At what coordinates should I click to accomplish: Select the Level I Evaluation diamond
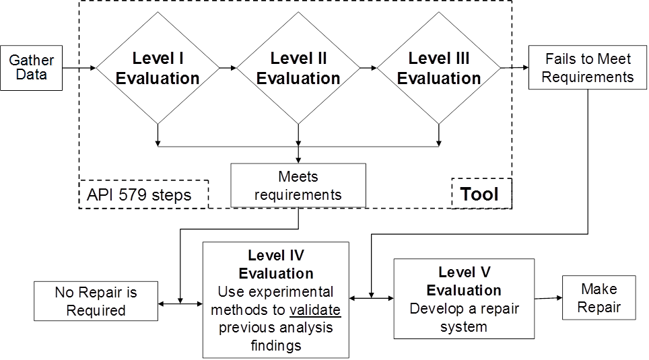158,68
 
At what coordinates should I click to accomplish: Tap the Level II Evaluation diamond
298,68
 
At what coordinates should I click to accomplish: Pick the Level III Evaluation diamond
438,68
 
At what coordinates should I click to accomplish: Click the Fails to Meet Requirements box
587,68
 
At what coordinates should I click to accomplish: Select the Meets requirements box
298,185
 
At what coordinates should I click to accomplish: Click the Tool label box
481,194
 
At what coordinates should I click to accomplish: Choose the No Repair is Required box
95,301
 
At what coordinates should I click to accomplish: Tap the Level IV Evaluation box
276,300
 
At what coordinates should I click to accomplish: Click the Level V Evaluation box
464,298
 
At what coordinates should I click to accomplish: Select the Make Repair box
599,298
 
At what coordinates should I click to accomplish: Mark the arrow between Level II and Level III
369,68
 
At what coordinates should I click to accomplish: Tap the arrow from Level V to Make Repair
549,298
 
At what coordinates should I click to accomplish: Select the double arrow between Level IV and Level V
371,298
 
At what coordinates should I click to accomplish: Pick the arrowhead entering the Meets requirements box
298,159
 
